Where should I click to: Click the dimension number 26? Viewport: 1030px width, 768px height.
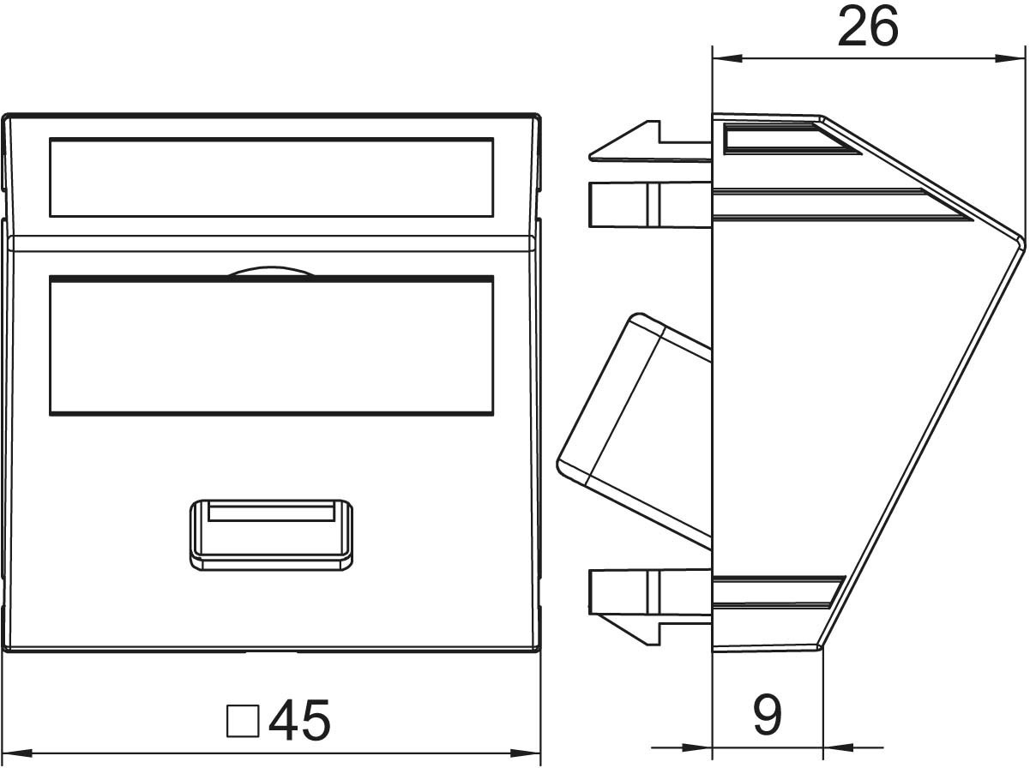868,27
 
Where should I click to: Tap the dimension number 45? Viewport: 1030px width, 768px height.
299,720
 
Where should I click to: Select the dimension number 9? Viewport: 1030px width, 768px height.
768,715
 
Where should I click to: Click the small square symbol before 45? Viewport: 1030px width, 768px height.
243,721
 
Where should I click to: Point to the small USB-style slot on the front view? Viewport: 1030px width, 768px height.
271,535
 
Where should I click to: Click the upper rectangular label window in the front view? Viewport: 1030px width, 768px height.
271,177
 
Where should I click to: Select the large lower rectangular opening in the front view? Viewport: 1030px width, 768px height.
271,345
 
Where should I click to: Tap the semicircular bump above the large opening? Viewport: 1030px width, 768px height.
271,271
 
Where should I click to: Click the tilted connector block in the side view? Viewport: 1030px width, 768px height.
635,430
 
